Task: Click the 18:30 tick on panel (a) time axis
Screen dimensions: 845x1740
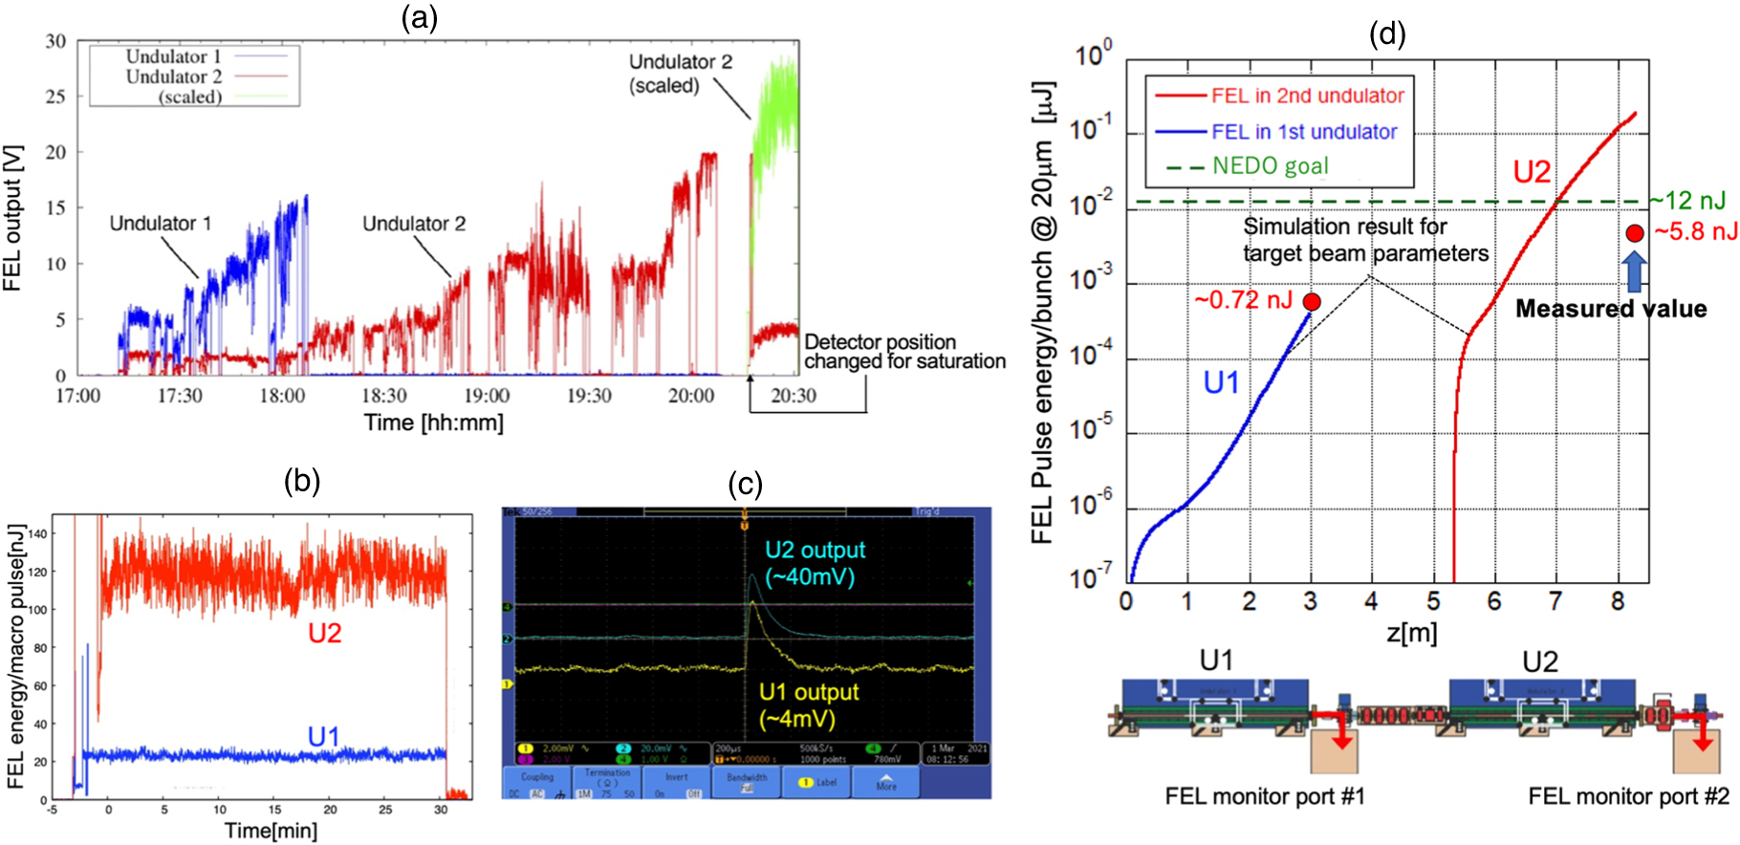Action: point(383,396)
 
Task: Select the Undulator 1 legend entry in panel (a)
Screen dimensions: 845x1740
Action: point(174,56)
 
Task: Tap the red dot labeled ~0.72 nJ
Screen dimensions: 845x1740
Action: point(1312,302)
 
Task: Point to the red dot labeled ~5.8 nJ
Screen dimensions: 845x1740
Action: point(1635,233)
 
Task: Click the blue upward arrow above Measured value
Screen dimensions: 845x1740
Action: point(1635,271)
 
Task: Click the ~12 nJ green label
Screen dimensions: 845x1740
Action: point(1688,201)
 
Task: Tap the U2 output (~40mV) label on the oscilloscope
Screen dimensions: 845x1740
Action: point(815,563)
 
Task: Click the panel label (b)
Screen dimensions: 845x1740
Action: point(302,481)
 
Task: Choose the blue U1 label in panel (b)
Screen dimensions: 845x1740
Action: point(323,736)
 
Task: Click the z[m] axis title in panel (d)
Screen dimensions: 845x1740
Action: point(1411,632)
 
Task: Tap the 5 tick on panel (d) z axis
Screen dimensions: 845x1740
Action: point(1433,601)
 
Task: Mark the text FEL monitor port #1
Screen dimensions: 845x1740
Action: point(1264,796)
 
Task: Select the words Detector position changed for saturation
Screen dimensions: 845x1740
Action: point(903,352)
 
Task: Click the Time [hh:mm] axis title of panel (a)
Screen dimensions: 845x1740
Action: point(433,422)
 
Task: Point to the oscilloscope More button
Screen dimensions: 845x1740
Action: point(886,782)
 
